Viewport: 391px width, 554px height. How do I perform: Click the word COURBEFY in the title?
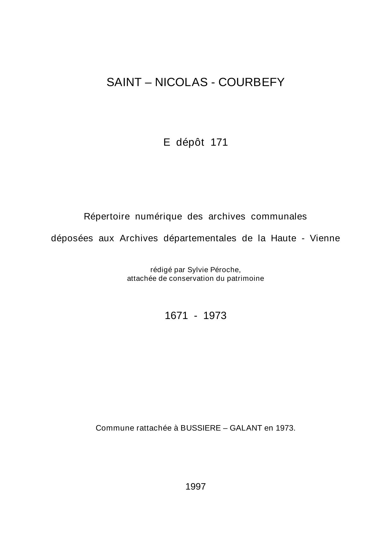[x=251, y=82]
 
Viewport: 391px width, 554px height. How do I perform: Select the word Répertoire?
[x=107, y=217]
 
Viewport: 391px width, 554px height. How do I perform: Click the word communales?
[x=279, y=217]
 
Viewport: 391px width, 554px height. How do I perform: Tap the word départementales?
[x=200, y=238]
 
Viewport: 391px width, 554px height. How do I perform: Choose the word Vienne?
[x=325, y=238]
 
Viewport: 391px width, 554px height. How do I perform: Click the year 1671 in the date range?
[x=176, y=316]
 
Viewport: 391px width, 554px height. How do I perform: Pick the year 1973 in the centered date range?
[x=215, y=316]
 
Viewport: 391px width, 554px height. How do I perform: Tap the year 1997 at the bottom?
[x=196, y=487]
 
